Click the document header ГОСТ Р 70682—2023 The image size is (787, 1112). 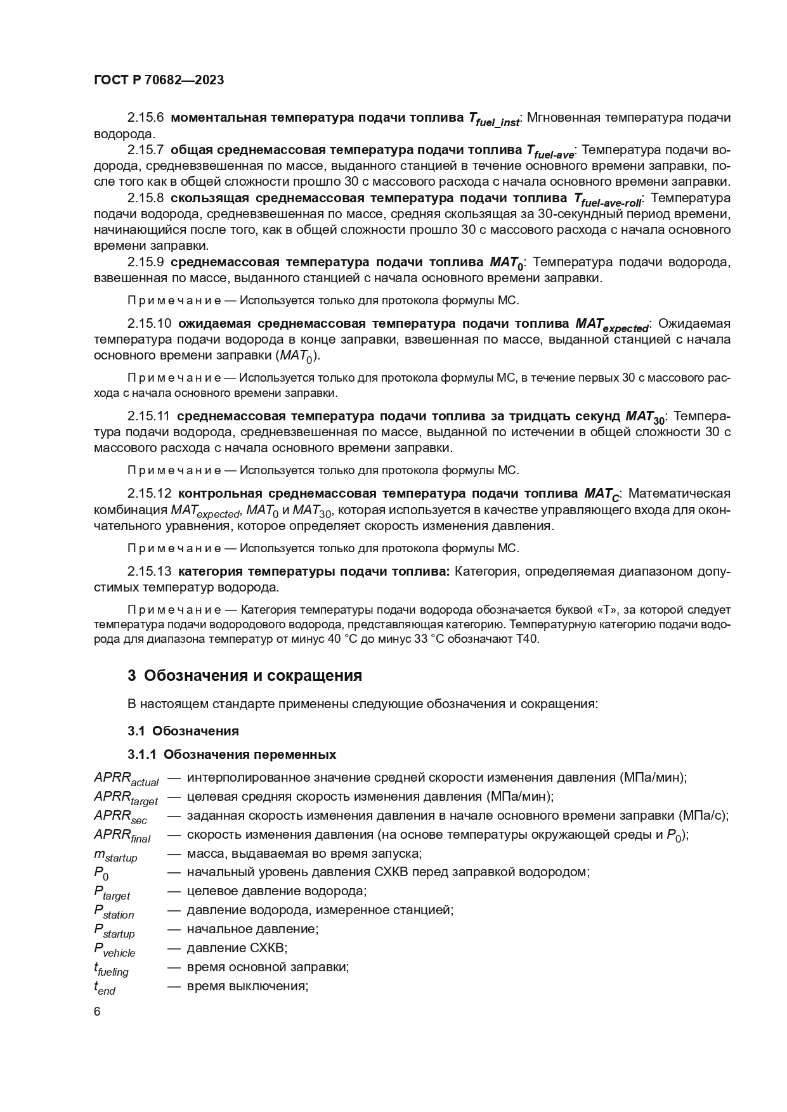[x=159, y=81]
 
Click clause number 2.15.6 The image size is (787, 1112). [x=145, y=118]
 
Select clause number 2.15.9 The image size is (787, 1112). [x=145, y=262]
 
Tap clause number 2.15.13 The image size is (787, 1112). [x=149, y=571]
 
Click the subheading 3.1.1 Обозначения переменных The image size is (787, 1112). [x=231, y=754]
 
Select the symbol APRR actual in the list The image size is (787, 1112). [x=126, y=779]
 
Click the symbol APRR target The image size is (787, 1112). [x=125, y=798]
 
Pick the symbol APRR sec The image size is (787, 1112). [x=120, y=817]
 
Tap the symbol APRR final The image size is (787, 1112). [x=122, y=836]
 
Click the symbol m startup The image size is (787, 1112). [x=115, y=855]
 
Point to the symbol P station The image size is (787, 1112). [x=114, y=912]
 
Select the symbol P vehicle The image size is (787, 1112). [x=114, y=949]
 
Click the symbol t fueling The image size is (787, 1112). [x=111, y=968]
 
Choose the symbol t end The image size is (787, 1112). [x=105, y=987]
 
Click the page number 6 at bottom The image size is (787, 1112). [x=97, y=1011]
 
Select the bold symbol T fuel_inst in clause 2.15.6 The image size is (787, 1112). [x=494, y=119]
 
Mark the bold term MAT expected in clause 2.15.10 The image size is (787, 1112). [x=612, y=325]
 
